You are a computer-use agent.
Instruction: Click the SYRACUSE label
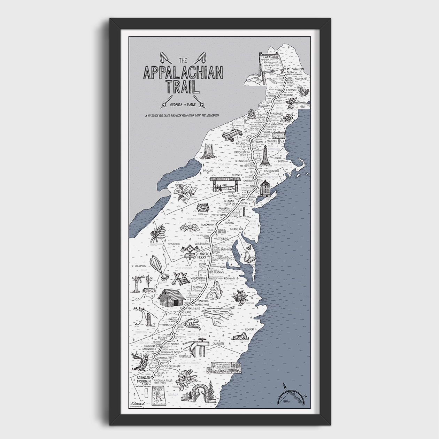click(206, 171)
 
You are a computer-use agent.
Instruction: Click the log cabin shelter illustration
click(171, 298)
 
